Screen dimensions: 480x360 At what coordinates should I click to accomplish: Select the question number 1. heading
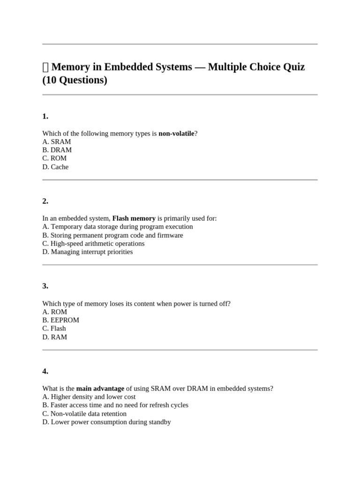tap(45, 116)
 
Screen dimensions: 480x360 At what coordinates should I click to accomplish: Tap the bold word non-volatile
tap(176, 134)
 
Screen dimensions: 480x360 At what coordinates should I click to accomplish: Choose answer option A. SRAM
tap(56, 142)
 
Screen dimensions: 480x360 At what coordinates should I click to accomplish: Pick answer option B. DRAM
tap(57, 150)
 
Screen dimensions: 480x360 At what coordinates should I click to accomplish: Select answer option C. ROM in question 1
tap(54, 158)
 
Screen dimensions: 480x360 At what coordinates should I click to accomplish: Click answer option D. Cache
tap(55, 167)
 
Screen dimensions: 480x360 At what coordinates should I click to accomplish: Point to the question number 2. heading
tap(45, 201)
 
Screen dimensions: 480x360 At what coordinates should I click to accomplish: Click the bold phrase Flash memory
tap(134, 218)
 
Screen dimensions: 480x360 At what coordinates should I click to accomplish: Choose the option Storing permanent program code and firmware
tap(112, 235)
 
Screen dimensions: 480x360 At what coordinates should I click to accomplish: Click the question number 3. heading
tap(45, 286)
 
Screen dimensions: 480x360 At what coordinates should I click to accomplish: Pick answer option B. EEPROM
tap(60, 320)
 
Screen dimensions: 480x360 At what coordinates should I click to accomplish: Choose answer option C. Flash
tap(54, 329)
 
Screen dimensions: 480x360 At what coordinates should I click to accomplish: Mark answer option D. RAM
tap(54, 337)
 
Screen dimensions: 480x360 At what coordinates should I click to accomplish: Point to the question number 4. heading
tap(45, 371)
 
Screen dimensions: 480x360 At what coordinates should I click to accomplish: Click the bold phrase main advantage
tap(100, 389)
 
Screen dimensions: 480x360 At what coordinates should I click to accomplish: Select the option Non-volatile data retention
tap(84, 414)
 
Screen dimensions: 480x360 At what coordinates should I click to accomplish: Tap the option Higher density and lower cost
tap(89, 397)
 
